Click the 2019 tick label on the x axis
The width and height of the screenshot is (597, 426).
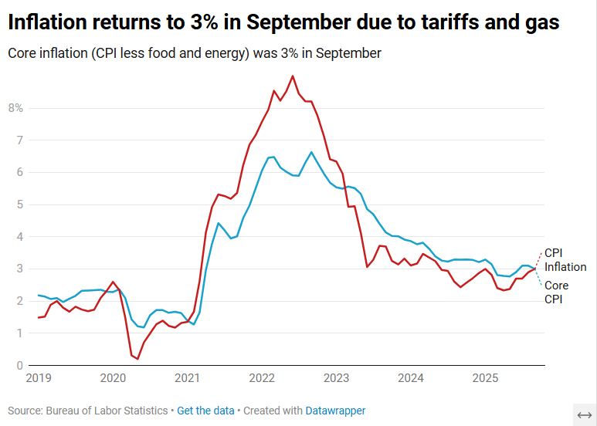point(39,377)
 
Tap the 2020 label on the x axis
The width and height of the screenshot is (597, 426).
point(113,377)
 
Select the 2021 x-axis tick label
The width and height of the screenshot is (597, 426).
point(188,377)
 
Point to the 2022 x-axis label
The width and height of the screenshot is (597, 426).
point(262,377)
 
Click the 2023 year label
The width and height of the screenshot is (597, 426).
point(336,377)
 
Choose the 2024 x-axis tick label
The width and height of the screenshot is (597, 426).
point(411,377)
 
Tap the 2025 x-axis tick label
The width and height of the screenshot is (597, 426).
point(485,377)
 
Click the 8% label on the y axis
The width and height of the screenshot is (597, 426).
point(15,108)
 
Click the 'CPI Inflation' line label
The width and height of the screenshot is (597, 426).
point(565,260)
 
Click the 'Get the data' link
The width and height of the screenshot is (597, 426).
point(205,411)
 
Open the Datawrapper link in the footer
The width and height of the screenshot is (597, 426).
point(335,411)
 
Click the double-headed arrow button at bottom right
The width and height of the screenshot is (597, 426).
point(584,414)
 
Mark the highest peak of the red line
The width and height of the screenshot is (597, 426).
point(292,76)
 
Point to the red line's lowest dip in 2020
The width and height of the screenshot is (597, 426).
point(137,359)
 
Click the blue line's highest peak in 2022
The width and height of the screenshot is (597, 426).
point(311,152)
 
